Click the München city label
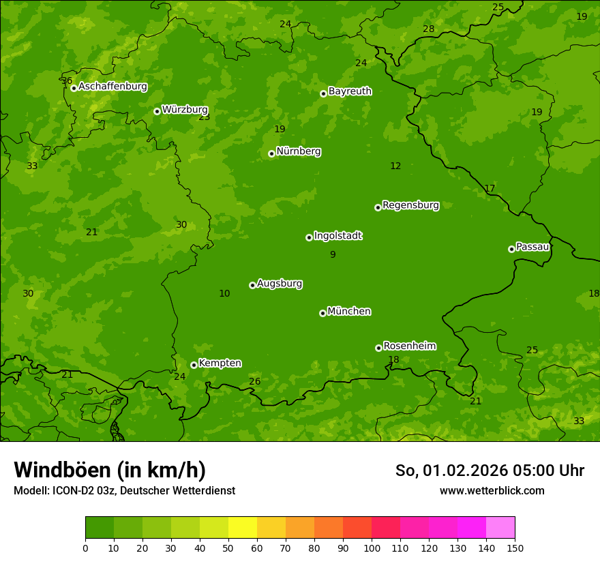click(349, 312)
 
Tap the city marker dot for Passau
click(511, 249)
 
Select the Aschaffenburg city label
click(112, 87)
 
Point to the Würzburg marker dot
click(157, 111)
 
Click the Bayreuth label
click(350, 91)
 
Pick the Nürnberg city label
click(299, 151)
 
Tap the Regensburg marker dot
click(378, 207)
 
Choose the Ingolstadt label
click(337, 236)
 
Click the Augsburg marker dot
click(252, 285)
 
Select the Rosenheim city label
click(409, 346)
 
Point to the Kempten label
click(220, 363)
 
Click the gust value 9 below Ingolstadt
click(333, 254)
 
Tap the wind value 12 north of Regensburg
click(395, 166)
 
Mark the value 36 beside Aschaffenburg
click(66, 81)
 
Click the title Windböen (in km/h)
click(110, 470)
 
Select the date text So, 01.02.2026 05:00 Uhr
click(490, 471)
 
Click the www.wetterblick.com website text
click(492, 491)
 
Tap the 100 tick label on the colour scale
click(372, 548)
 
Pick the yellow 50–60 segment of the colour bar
click(243, 528)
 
